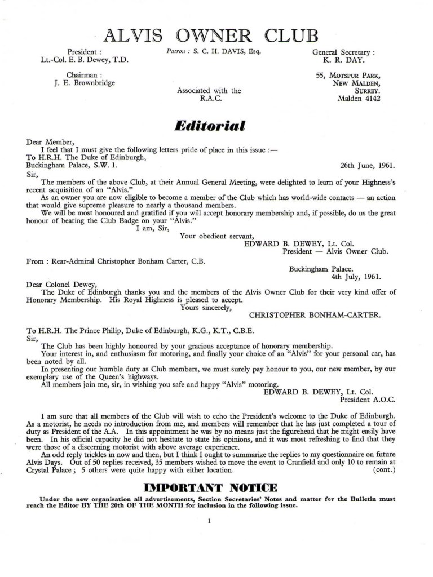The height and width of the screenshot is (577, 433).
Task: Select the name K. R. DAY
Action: click(347, 59)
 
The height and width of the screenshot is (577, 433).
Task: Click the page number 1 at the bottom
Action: click(209, 522)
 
